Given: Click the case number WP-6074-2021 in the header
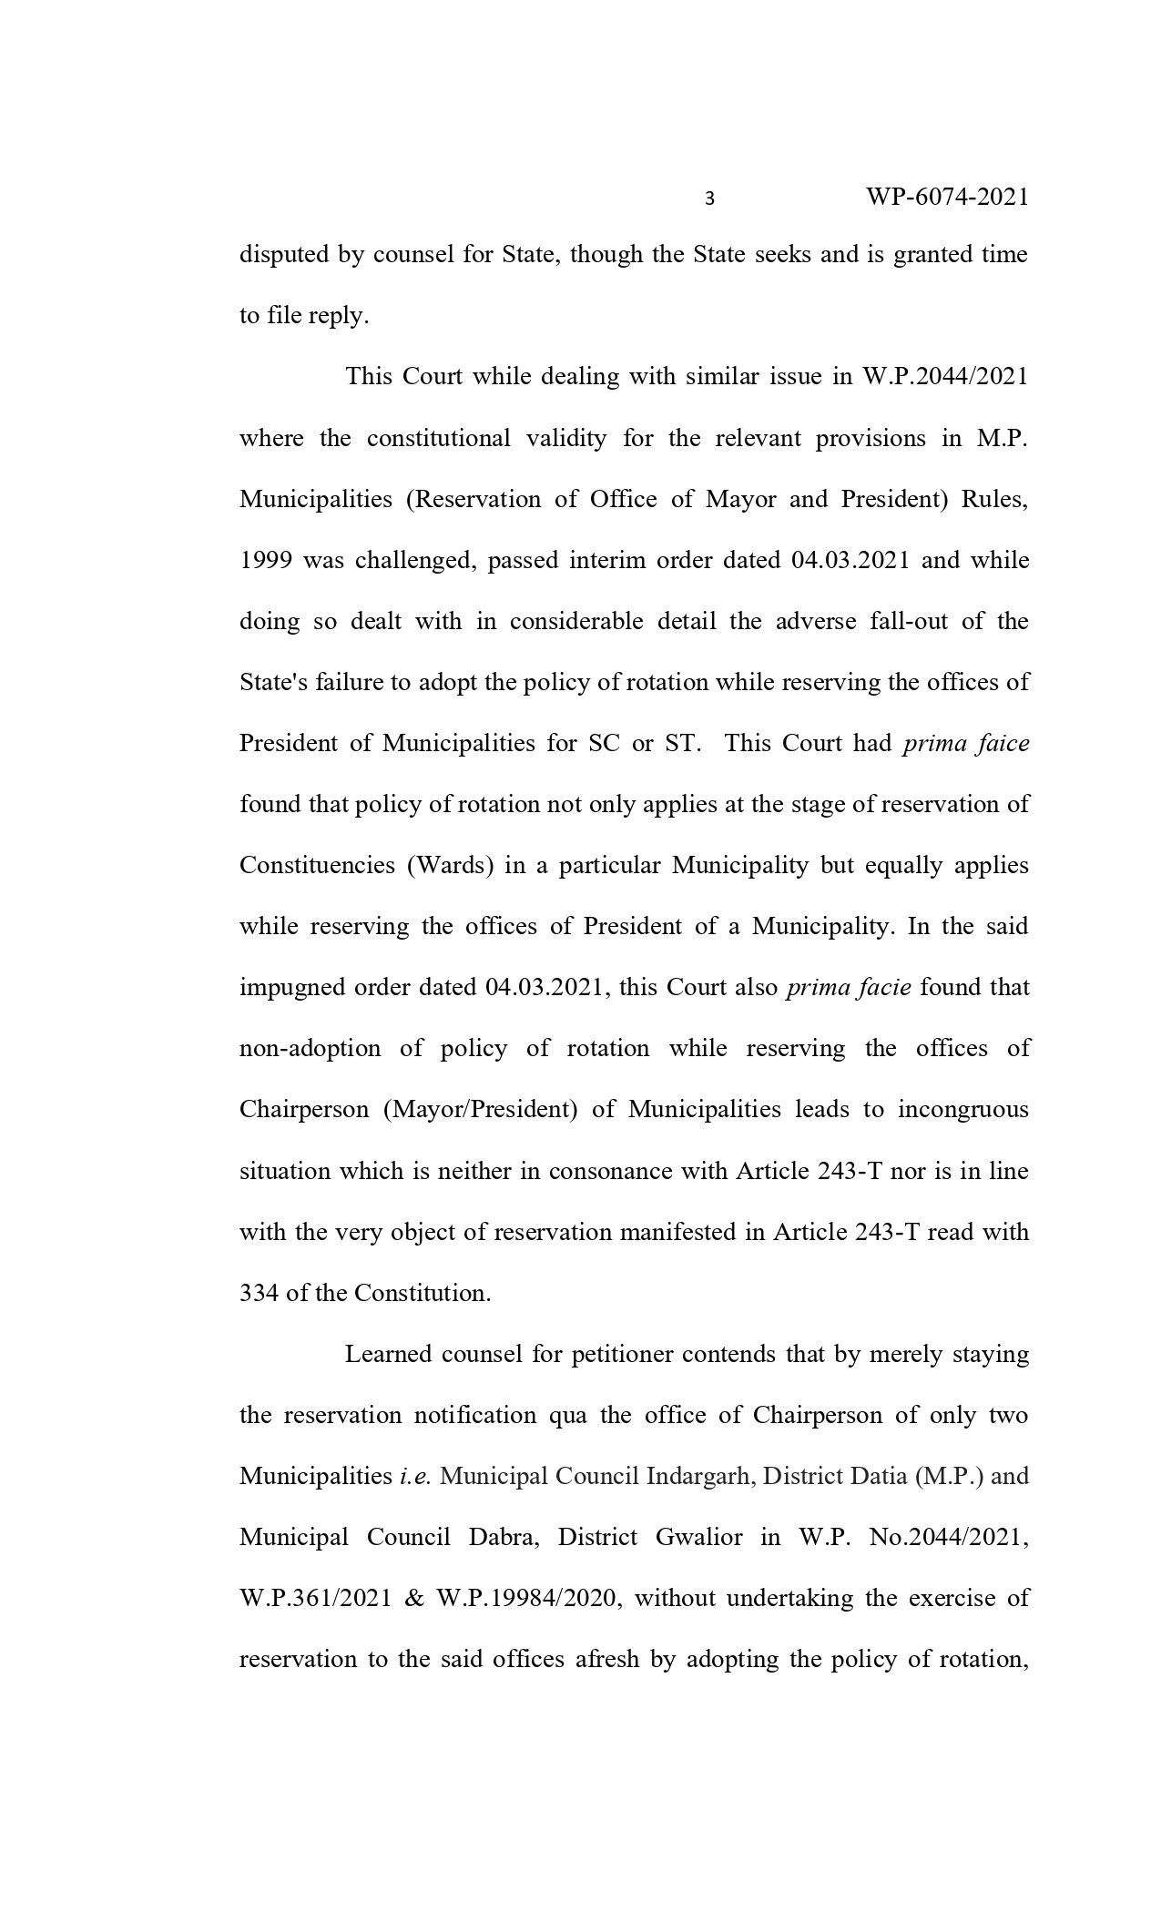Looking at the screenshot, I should [947, 197].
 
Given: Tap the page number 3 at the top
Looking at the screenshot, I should [709, 198].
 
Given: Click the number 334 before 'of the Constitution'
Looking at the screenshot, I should [259, 1293].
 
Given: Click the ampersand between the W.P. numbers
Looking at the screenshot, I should [413, 1599].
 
